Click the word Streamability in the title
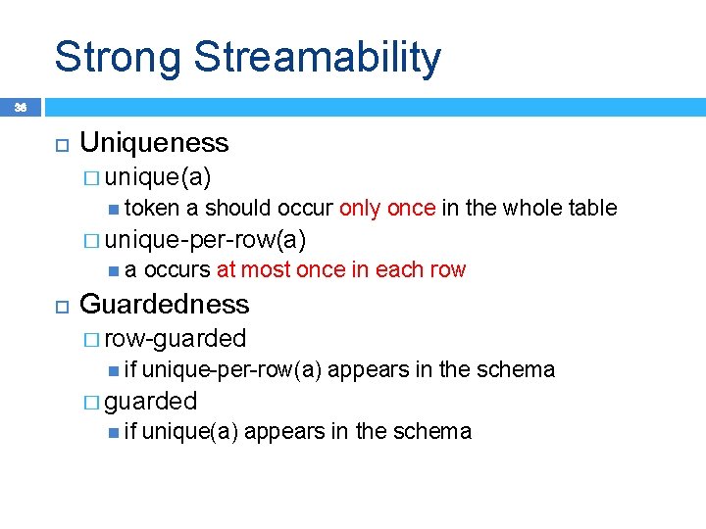(317, 57)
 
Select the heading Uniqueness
(154, 143)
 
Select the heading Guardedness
(164, 304)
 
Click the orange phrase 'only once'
(387, 208)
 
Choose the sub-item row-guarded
(175, 338)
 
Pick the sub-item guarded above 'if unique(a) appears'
(151, 401)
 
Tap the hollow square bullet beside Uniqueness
(60, 144)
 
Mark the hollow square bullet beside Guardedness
(60, 305)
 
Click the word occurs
(177, 270)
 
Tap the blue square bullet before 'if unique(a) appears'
(114, 431)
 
